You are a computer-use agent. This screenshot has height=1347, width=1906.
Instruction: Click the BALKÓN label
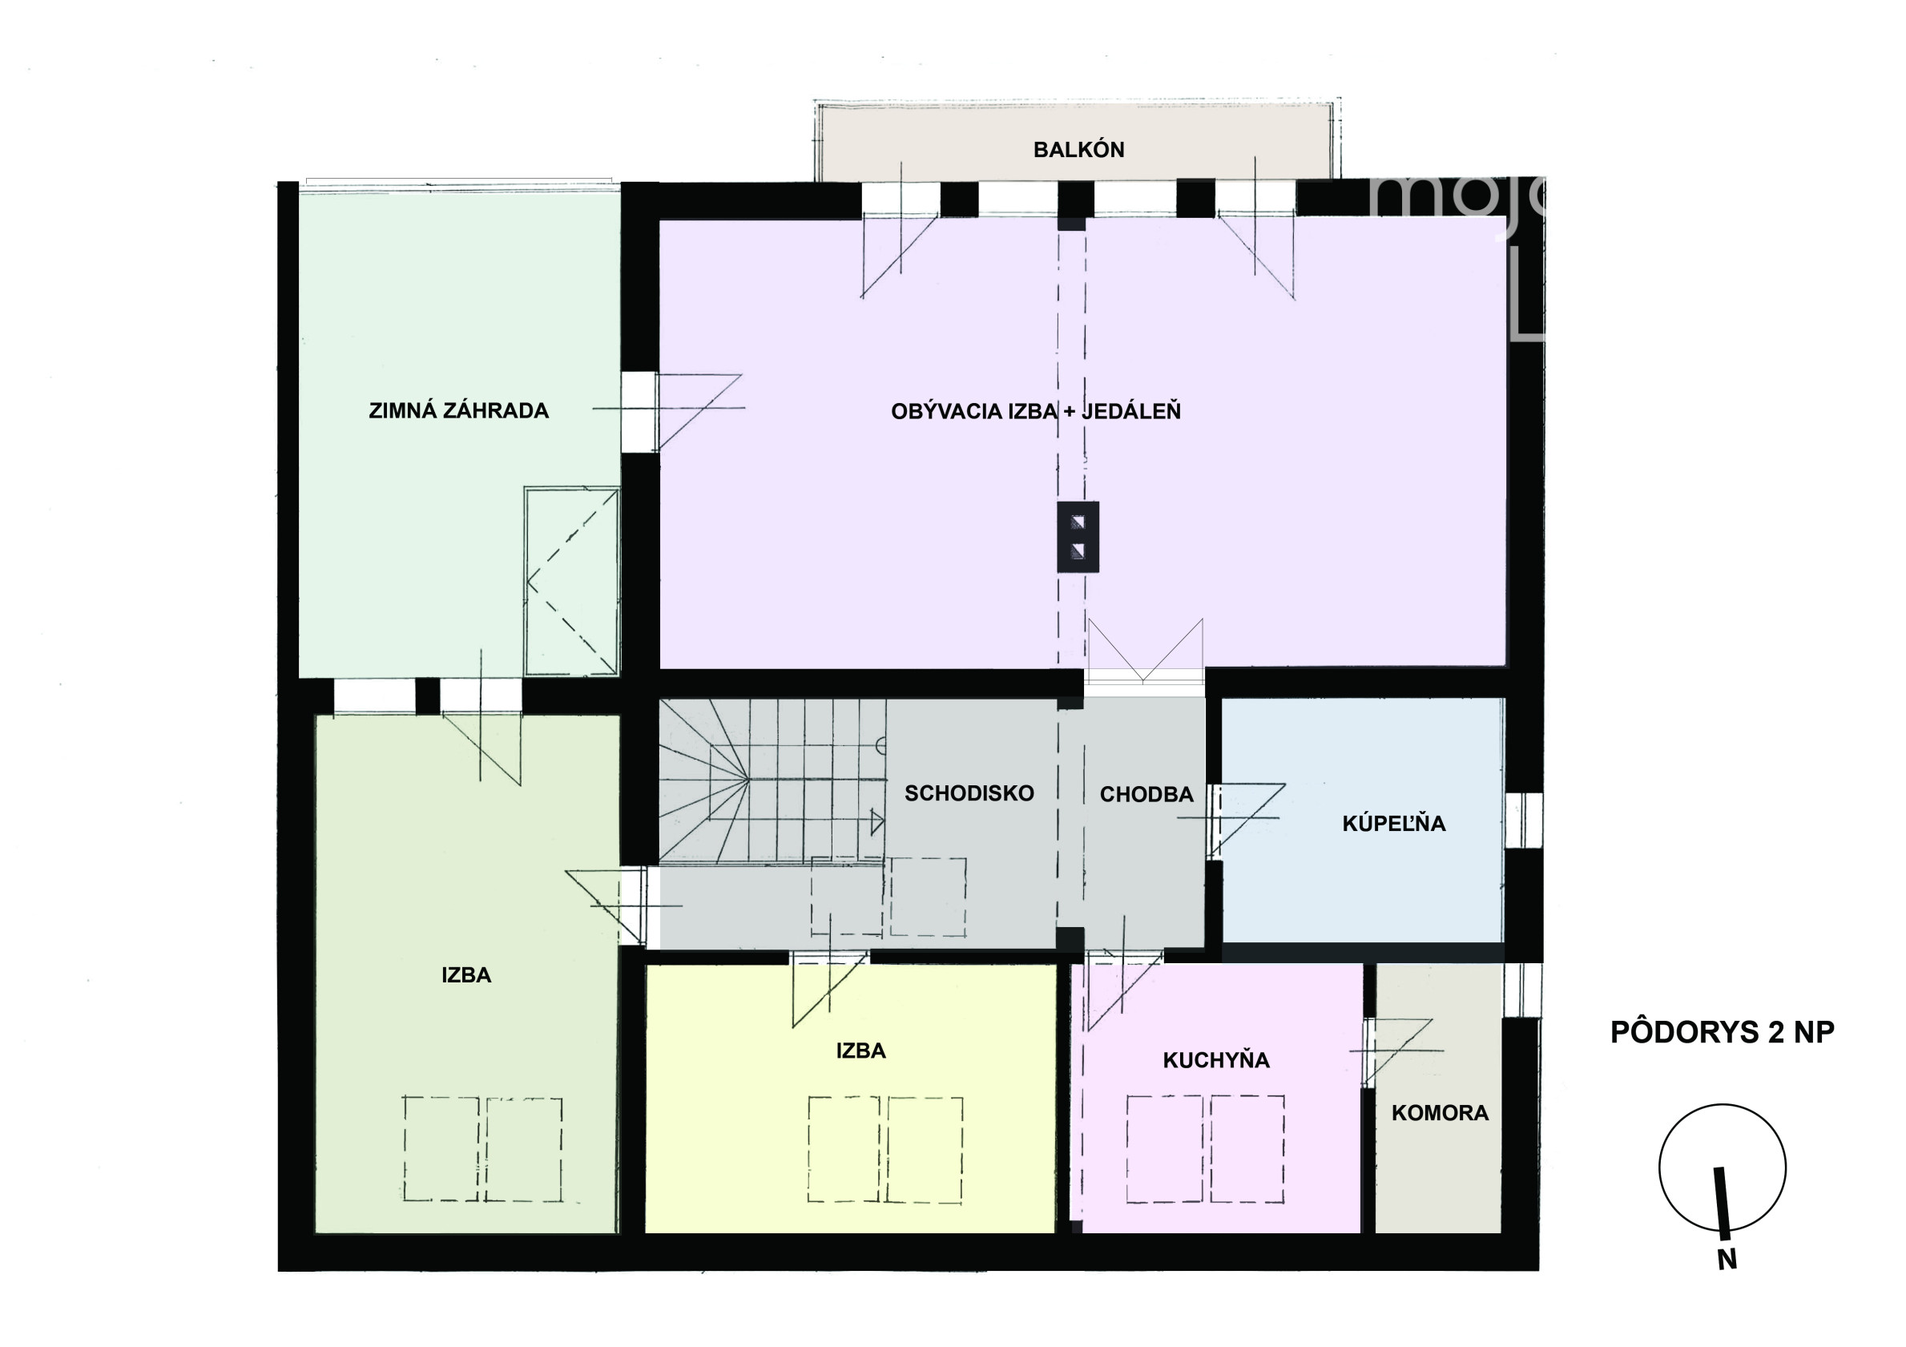pos(1078,151)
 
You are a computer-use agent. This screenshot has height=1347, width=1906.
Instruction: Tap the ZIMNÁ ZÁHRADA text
pos(458,410)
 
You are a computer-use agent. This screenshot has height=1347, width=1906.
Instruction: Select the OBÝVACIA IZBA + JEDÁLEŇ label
pos(1035,411)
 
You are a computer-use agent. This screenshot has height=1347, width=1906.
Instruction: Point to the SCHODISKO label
pos(969,793)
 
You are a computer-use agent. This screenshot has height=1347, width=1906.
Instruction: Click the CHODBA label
pos(1146,795)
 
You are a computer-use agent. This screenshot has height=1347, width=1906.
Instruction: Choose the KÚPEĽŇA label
pos(1394,823)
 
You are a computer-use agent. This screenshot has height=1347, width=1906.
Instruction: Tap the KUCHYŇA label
pos(1216,1059)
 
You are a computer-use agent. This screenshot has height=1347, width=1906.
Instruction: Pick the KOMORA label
pos(1440,1113)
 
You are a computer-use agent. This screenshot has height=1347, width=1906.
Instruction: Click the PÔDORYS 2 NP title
pos(1722,1031)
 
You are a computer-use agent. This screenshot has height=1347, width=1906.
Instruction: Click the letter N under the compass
pos(1727,1259)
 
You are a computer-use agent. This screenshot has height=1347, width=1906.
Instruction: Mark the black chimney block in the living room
pos(1078,536)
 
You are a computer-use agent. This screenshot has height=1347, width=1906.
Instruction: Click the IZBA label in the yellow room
pos(860,1051)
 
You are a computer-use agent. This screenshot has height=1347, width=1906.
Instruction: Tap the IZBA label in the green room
pos(466,975)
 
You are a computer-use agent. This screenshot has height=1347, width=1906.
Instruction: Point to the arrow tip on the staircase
pos(883,824)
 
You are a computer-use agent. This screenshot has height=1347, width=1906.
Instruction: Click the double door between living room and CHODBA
pos(1144,655)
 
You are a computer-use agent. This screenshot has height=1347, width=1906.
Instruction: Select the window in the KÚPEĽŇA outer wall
pos(1524,821)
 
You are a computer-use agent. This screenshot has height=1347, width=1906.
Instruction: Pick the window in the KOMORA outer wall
pos(1524,990)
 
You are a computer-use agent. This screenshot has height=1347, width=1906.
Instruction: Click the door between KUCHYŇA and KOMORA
pos(1395,1051)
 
